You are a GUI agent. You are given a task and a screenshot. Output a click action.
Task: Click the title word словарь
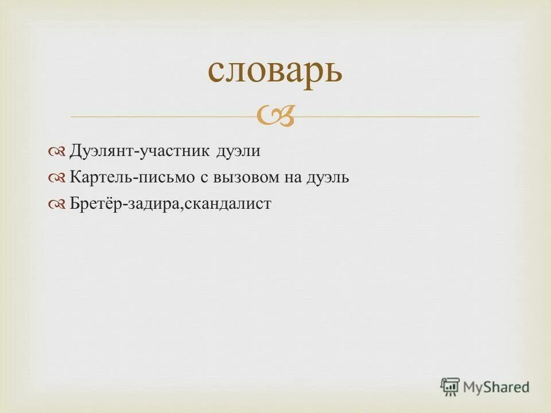(x=275, y=71)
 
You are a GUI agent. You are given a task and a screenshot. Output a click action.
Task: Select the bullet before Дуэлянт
(x=59, y=151)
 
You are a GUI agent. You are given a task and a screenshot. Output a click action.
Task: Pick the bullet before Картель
(x=59, y=178)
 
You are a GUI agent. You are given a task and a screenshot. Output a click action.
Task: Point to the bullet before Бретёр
(x=59, y=204)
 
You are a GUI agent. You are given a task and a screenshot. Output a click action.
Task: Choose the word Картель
(x=100, y=178)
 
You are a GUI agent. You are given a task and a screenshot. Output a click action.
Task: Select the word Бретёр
(x=96, y=204)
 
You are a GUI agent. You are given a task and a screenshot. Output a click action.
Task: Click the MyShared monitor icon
(x=450, y=387)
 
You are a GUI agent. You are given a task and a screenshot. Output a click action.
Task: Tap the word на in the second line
(x=291, y=178)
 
